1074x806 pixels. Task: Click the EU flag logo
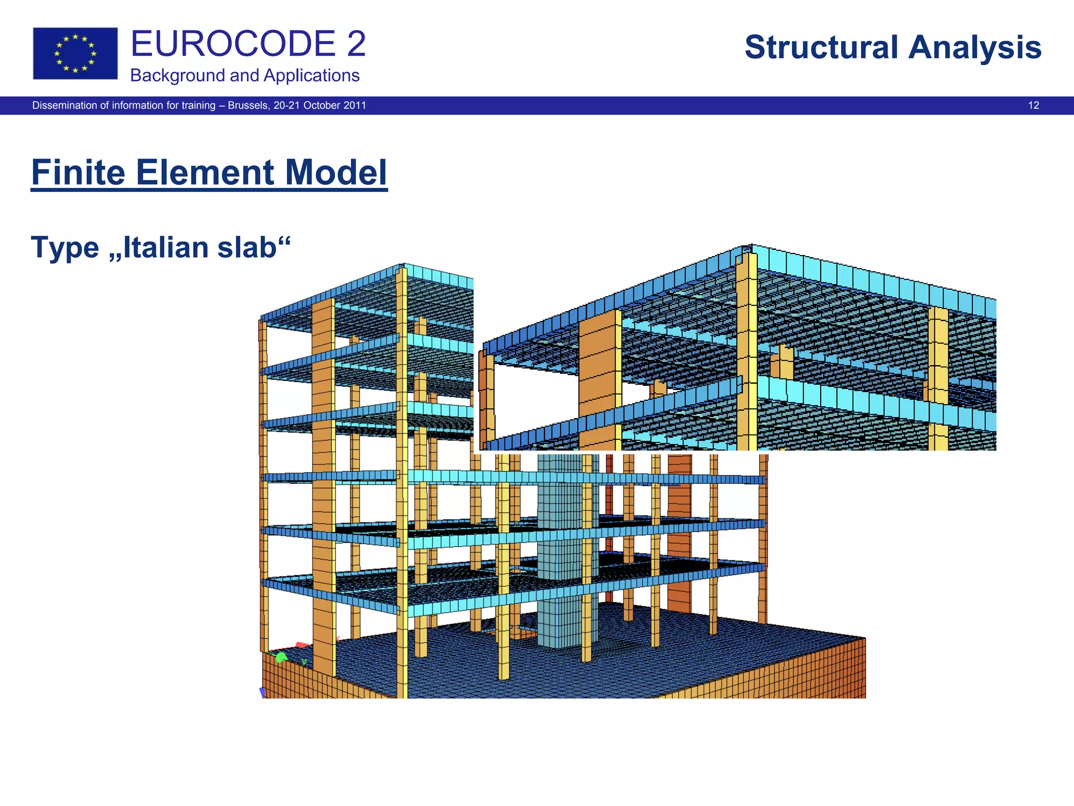pyautogui.click(x=75, y=54)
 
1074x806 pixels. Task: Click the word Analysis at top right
pyautogui.click(x=974, y=47)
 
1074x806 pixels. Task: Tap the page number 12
pyautogui.click(x=1033, y=105)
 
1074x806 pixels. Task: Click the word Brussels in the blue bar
pyautogui.click(x=248, y=105)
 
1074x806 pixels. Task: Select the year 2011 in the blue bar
pyautogui.click(x=355, y=105)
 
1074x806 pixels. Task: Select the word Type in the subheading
pyautogui.click(x=65, y=248)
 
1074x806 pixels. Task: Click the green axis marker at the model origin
pyautogui.click(x=281, y=657)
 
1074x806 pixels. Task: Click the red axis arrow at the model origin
pyautogui.click(x=302, y=645)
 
